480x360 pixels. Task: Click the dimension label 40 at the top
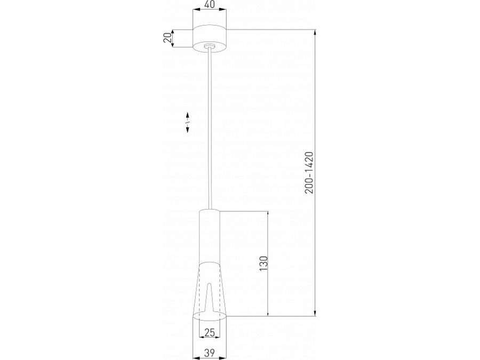pyautogui.click(x=210, y=5)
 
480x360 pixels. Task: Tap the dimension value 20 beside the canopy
pyautogui.click(x=167, y=38)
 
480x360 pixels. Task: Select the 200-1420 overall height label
pyautogui.click(x=309, y=173)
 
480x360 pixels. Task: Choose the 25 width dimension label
pyautogui.click(x=210, y=333)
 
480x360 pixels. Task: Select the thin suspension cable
pyautogui.click(x=212, y=128)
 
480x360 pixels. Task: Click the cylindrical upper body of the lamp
pyautogui.click(x=210, y=235)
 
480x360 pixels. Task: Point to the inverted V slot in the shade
pyautogui.click(x=210, y=299)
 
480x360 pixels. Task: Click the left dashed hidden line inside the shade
pyautogui.click(x=200, y=293)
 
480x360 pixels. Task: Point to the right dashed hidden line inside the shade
pyautogui.click(x=219, y=293)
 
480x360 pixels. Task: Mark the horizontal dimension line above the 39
pyautogui.click(x=210, y=344)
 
